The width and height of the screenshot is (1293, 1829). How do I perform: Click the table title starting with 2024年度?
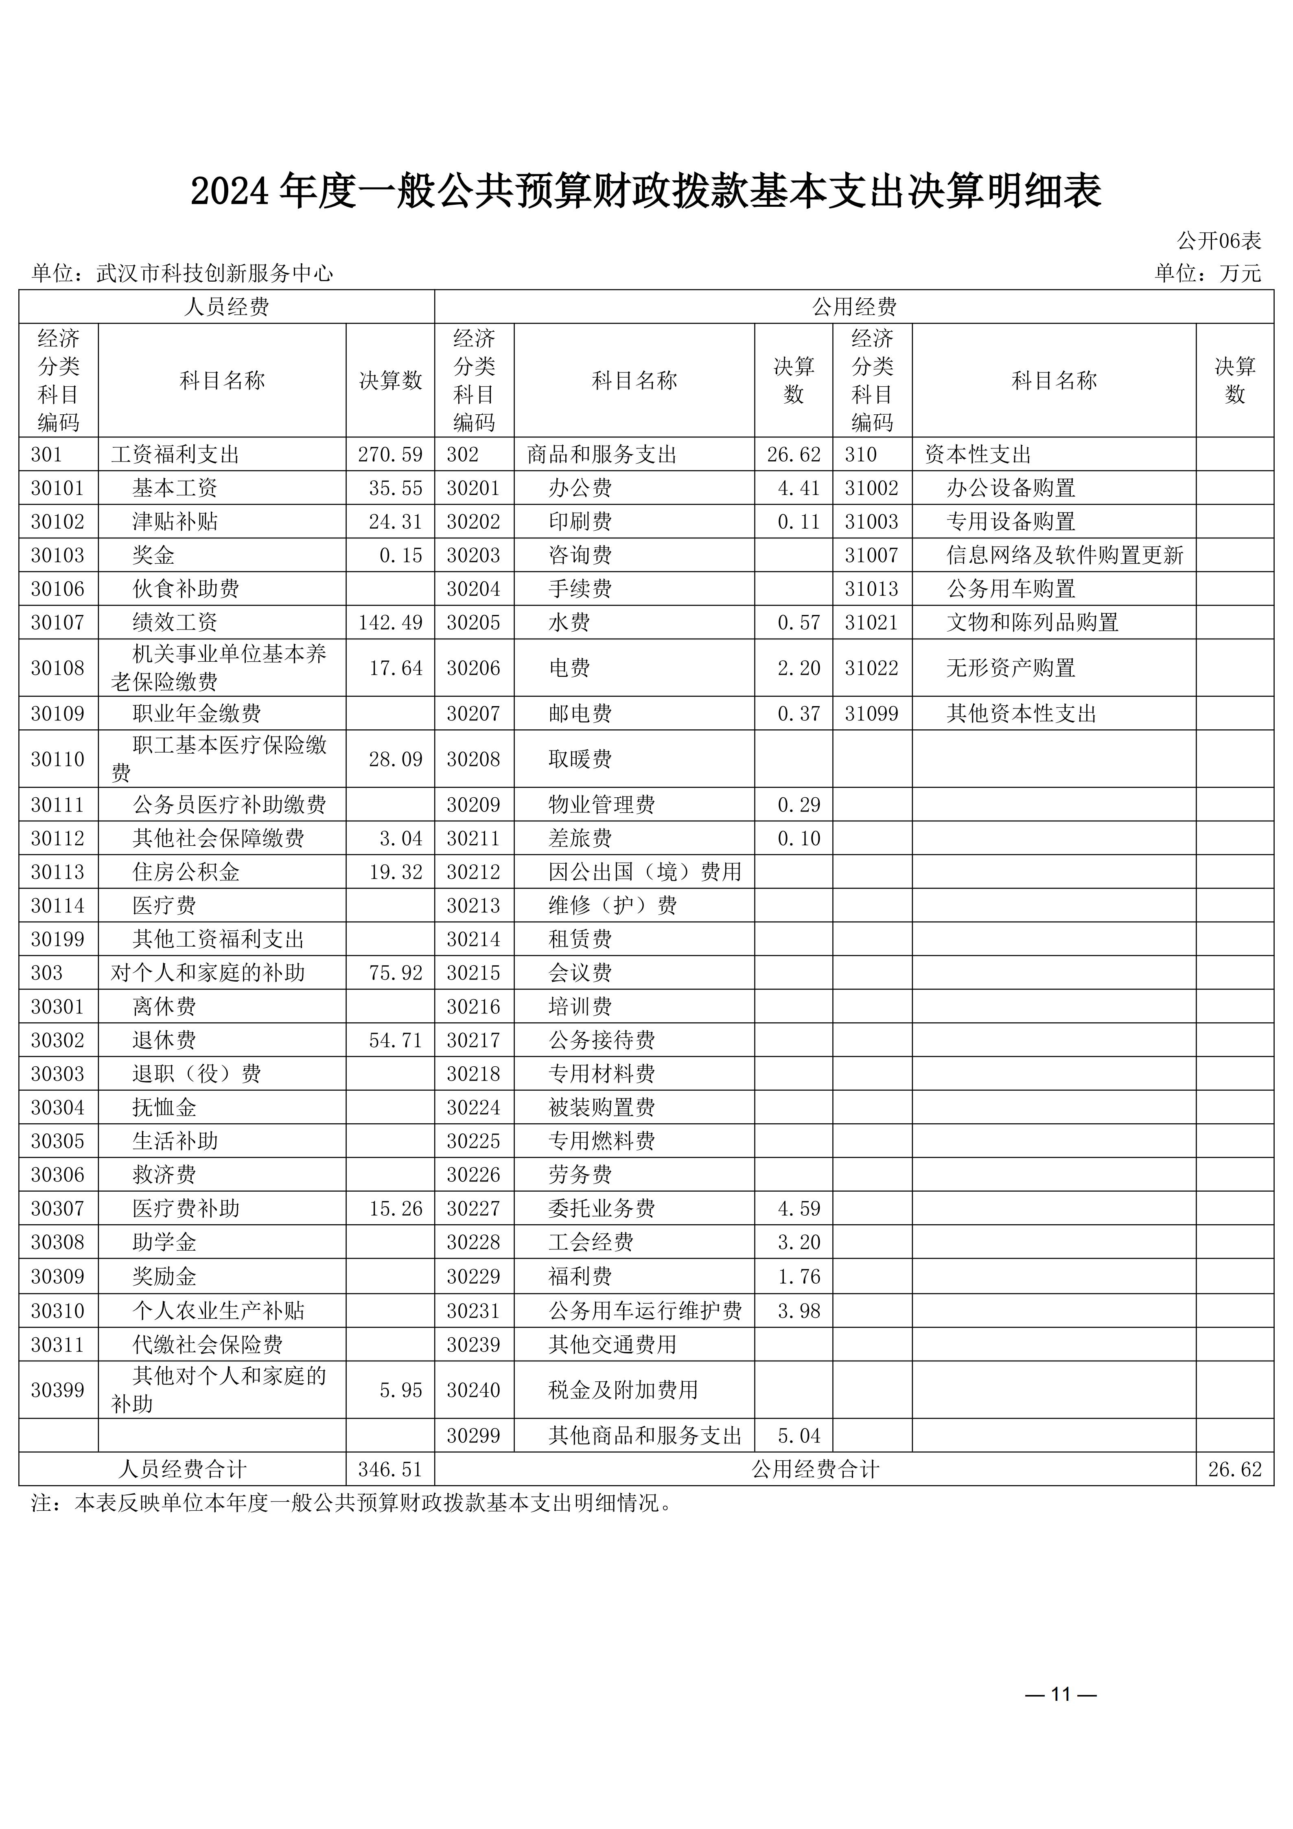pos(646,192)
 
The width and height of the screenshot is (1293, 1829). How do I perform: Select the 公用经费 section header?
pos(854,307)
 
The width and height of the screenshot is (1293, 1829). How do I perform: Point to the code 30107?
pos(57,622)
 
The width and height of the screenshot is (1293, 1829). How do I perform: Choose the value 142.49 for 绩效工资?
pos(390,622)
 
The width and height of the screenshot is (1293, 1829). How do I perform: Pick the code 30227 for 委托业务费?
pos(473,1208)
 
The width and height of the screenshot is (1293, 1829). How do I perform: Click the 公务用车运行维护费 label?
pos(645,1310)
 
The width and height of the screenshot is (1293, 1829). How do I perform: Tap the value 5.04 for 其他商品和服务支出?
pos(799,1435)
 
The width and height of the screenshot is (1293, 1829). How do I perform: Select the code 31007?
pos(871,555)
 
